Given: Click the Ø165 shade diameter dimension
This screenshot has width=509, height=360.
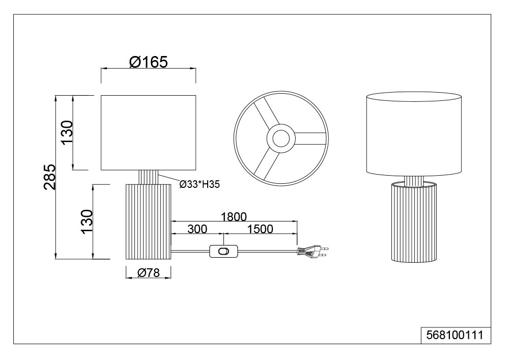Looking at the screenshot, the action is point(148,62).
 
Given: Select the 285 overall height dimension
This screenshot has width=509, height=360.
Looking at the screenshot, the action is point(50,177).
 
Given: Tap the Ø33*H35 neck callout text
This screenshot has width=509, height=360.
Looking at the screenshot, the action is point(200,184).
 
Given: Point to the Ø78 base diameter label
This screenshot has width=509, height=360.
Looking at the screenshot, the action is point(148,273).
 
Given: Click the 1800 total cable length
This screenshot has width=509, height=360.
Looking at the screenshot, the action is point(234,216).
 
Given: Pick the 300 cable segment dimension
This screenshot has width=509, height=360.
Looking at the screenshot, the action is point(197,229).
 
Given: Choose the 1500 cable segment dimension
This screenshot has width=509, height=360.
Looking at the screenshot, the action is point(260,229).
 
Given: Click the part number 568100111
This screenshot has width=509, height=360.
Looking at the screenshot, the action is point(455,335).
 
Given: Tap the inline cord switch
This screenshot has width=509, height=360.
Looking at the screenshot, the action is point(223,251).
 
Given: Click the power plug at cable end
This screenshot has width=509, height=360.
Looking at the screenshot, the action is point(313,251).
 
